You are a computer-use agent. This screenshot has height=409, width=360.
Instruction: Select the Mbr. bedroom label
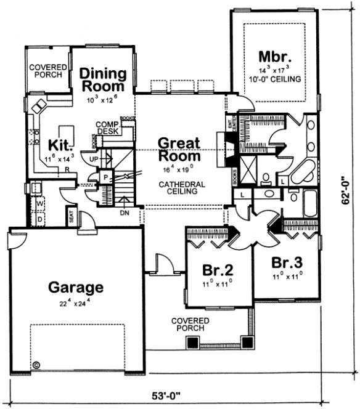pyautogui.click(x=274, y=57)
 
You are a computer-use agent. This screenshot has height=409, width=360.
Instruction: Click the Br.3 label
pyautogui.click(x=287, y=262)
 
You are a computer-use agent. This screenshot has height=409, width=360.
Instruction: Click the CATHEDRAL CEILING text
pyautogui.click(x=179, y=188)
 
